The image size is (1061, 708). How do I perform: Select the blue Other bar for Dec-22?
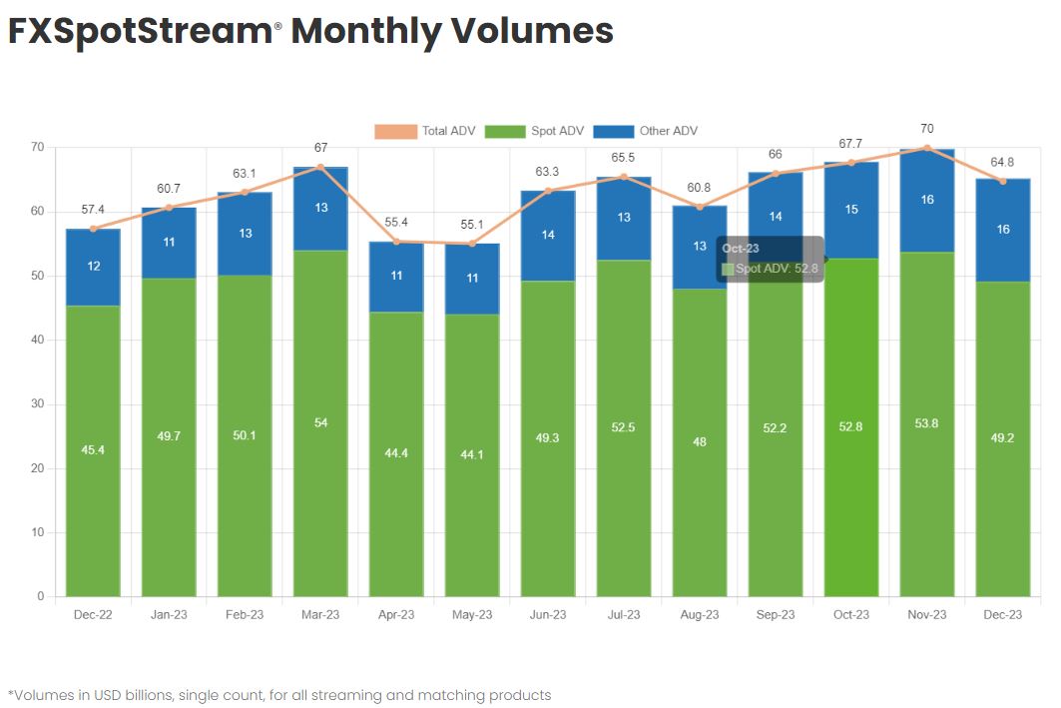pos(93,267)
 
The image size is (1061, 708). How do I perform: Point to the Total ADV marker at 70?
pos(927,148)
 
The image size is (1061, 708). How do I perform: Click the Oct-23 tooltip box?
pos(770,259)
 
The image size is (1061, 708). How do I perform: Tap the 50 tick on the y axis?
pos(38,276)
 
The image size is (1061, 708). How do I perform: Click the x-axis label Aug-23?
pos(699,615)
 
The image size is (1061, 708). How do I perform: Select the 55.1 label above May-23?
pos(472,225)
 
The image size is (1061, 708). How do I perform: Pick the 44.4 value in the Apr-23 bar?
pos(396,454)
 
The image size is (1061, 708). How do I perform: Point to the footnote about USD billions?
pos(278,695)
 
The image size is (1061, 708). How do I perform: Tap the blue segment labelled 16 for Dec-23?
pos(1002,229)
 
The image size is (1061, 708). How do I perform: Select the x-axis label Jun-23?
pos(547,615)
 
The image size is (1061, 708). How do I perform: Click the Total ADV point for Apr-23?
pos(396,241)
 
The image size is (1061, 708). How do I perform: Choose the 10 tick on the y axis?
pos(38,532)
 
